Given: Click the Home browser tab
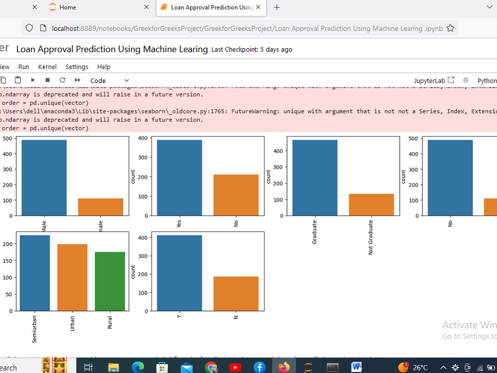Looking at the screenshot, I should (x=67, y=7).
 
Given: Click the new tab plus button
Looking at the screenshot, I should (x=277, y=7).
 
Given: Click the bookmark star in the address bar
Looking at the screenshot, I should (x=450, y=28).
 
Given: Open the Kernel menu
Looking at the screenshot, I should (x=47, y=67).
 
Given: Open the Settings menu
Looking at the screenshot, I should (x=77, y=67).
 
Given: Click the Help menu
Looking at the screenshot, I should (x=104, y=67).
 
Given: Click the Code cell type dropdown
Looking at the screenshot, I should (x=109, y=81).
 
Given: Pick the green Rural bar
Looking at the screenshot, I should (x=110, y=281).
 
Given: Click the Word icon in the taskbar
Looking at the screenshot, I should (x=356, y=368).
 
